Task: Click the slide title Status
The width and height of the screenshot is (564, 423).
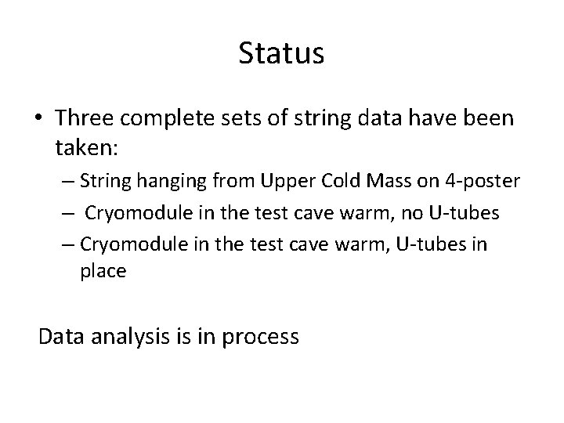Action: (280, 54)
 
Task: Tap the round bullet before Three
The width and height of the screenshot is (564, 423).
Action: (40, 120)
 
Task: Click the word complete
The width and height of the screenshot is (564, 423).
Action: (172, 120)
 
